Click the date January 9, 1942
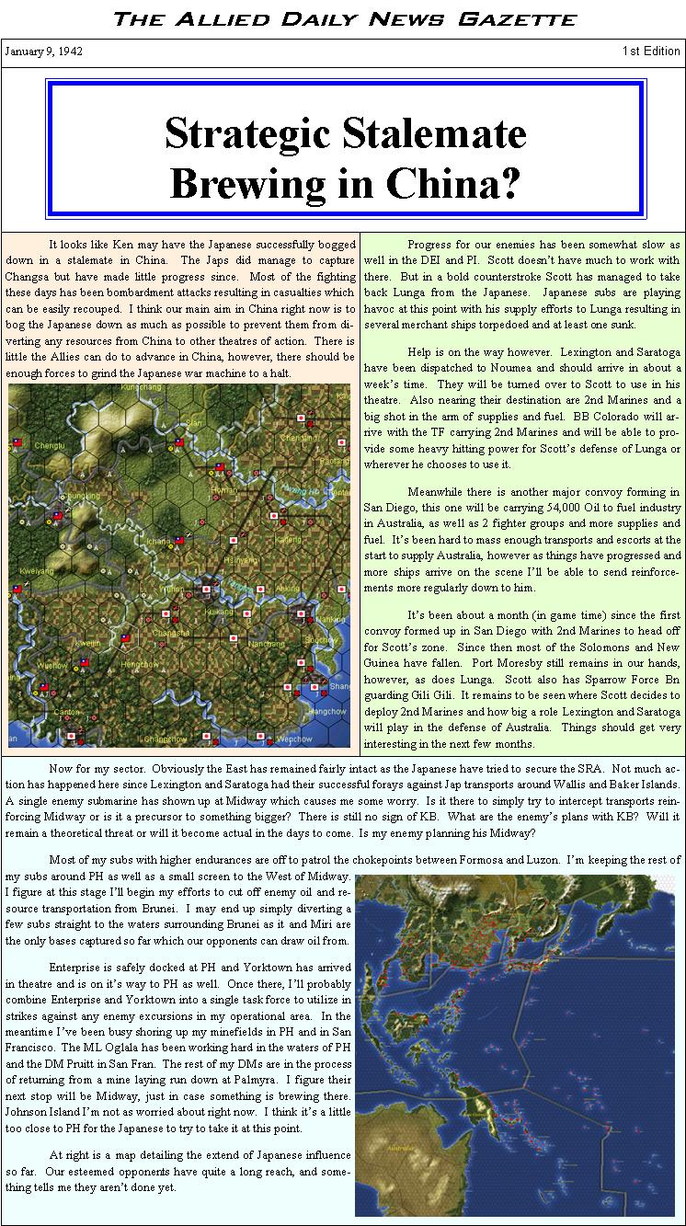[x=43, y=52]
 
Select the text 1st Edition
[x=651, y=52]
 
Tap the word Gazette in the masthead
[x=526, y=18]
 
